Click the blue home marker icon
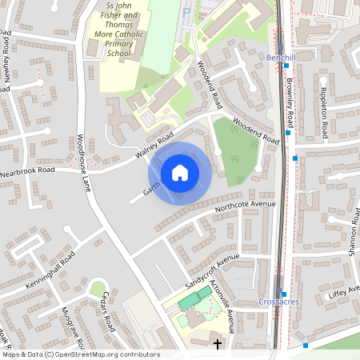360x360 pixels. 180,173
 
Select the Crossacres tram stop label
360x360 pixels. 278,302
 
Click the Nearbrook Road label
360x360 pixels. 27,170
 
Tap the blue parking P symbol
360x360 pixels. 186,13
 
